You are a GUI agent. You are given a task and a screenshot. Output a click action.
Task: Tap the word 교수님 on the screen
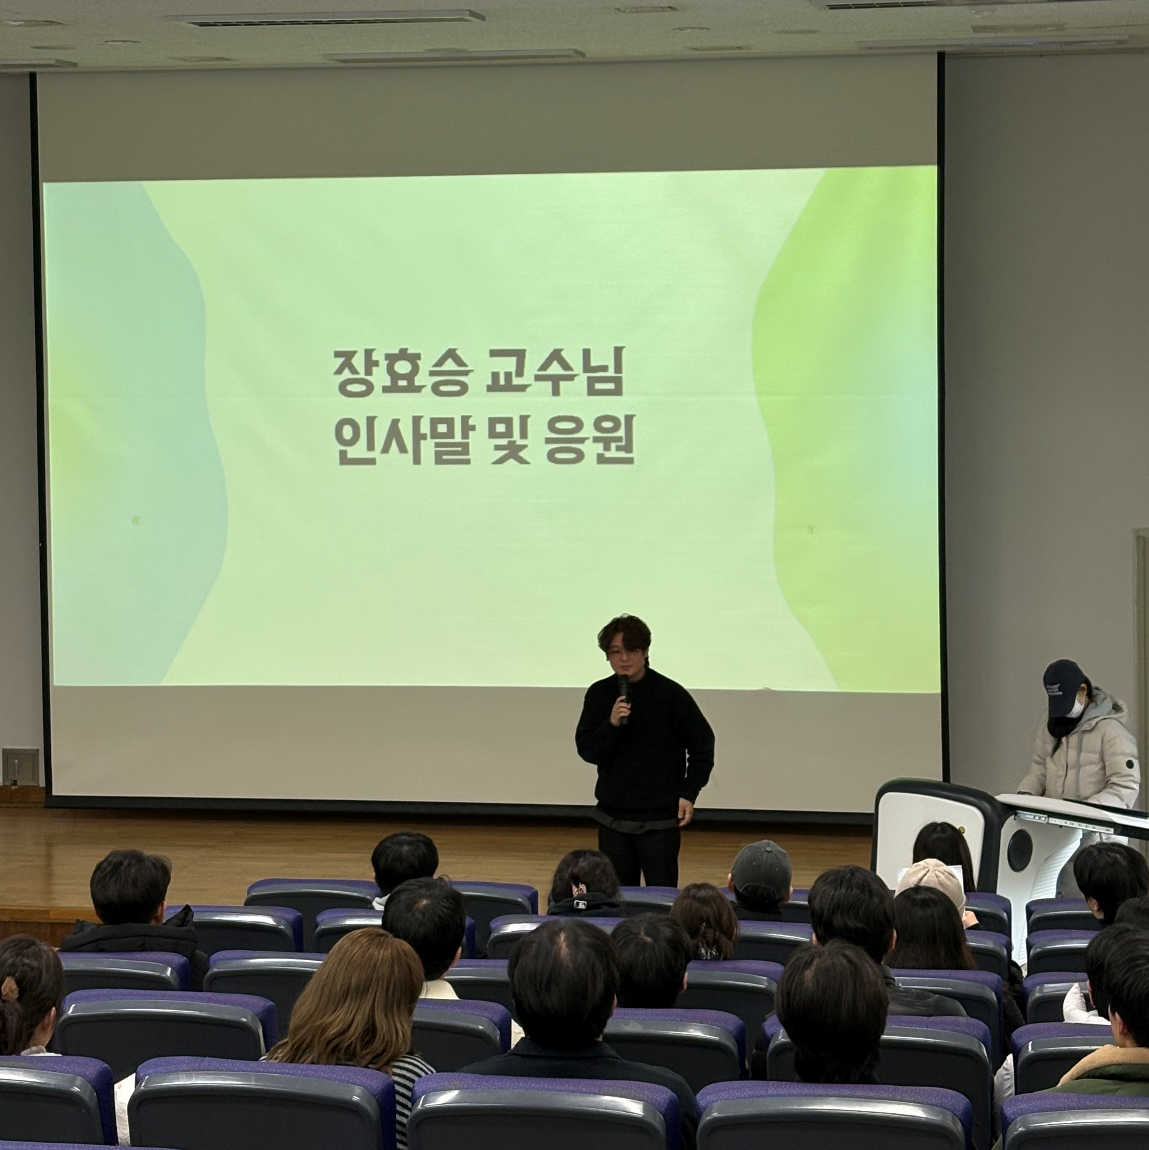point(555,373)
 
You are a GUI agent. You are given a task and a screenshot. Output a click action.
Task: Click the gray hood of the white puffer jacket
point(1102,705)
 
